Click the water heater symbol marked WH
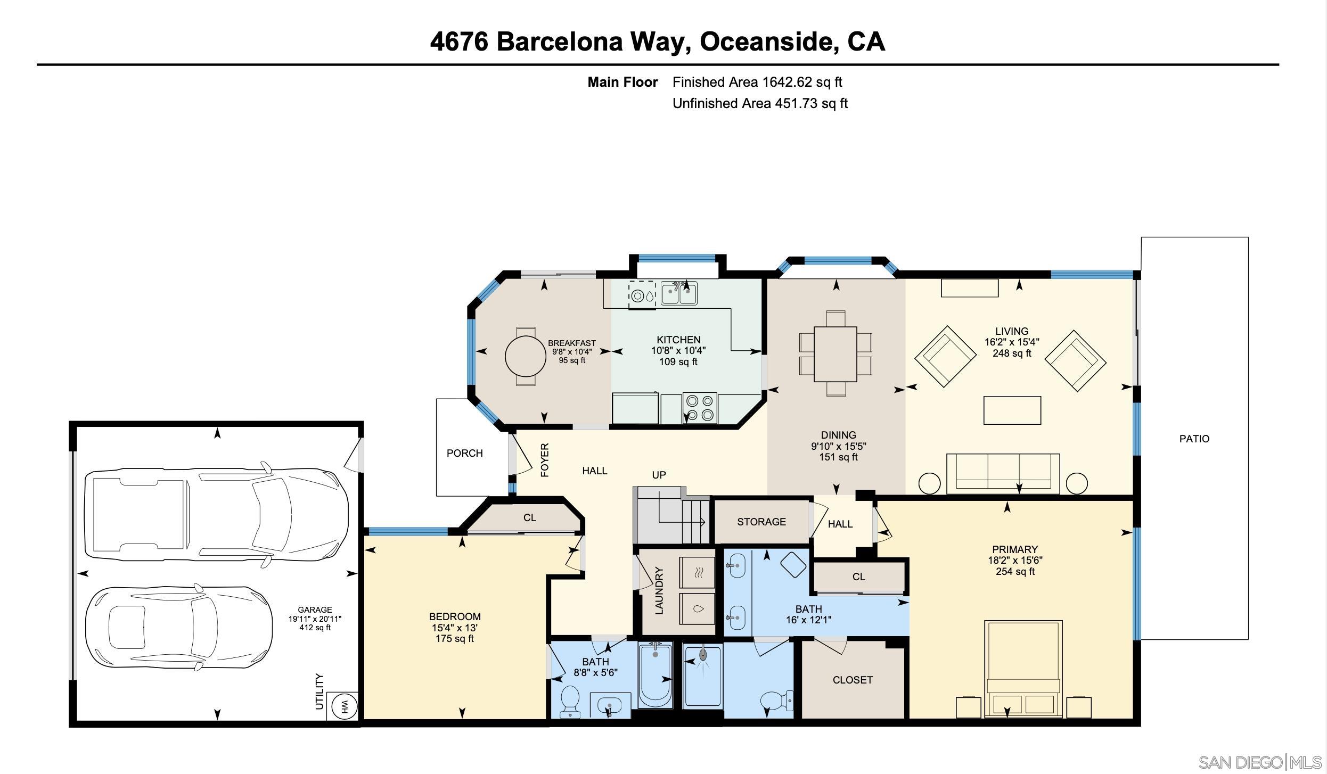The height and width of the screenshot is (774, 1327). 342,707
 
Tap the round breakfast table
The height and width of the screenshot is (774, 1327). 525,356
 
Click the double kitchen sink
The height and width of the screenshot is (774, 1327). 679,293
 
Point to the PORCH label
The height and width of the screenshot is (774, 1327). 464,453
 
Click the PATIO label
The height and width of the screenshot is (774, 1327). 1194,439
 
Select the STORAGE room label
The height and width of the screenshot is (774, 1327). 761,522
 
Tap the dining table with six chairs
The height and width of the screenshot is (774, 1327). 835,353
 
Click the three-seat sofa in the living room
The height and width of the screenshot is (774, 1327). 1003,473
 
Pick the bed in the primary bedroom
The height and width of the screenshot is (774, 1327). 1023,668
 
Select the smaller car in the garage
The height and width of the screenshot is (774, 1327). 179,628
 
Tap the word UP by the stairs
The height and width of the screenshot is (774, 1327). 659,475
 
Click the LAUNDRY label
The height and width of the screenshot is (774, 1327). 659,591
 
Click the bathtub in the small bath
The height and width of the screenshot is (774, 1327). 655,674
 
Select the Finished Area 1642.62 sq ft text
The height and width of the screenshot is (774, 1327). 757,82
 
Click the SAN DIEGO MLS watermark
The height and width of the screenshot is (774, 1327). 1259,762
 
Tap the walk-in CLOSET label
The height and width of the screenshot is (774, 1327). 852,680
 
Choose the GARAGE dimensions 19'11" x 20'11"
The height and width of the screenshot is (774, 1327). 315,619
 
